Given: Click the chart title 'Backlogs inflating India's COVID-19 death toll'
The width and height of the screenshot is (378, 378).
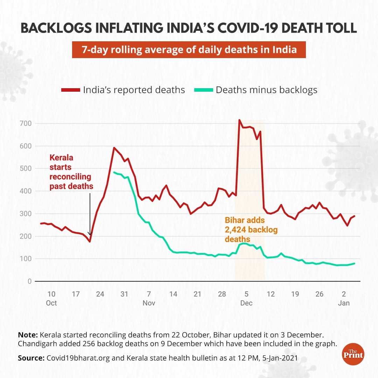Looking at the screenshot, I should pyautogui.click(x=189, y=28).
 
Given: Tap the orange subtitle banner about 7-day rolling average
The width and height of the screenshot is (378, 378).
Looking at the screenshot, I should pyautogui.click(x=189, y=50).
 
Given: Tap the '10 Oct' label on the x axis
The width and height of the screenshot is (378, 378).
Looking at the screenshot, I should pyautogui.click(x=51, y=298).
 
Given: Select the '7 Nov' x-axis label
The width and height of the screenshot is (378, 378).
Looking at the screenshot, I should pyautogui.click(x=149, y=298).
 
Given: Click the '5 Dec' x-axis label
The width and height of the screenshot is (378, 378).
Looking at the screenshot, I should pyautogui.click(x=246, y=298).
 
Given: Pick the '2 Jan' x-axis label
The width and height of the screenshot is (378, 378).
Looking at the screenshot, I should pyautogui.click(x=344, y=298).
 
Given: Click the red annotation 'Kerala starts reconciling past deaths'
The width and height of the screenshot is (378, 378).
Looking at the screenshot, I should pyautogui.click(x=71, y=172).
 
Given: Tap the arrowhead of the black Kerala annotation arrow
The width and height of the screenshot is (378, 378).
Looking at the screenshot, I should pyautogui.click(x=90, y=234).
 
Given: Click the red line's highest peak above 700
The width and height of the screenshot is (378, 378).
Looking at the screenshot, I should pyautogui.click(x=239, y=120).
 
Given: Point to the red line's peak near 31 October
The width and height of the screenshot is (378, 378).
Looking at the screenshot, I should pyautogui.click(x=114, y=148).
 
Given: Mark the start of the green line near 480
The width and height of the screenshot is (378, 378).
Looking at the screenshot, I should pyautogui.click(x=114, y=172).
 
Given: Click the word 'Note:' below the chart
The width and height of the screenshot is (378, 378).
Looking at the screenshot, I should pyautogui.click(x=28, y=335).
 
